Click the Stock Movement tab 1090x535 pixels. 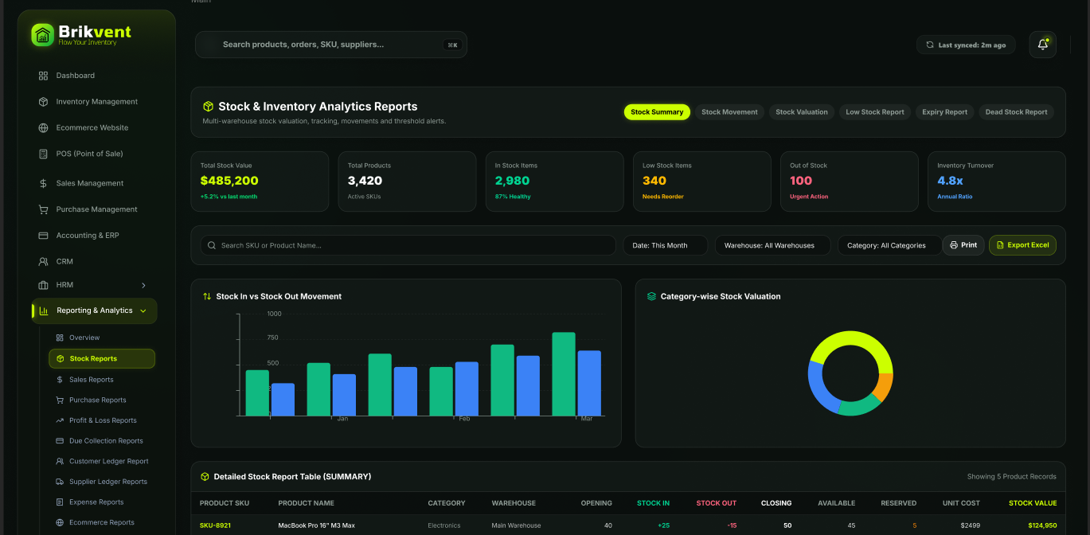pos(729,112)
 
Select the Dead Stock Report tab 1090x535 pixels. pos(1016,112)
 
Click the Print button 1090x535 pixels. pos(963,245)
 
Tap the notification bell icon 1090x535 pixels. pos(1042,45)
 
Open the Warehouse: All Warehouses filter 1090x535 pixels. pos(772,245)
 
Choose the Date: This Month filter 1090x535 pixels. pos(665,245)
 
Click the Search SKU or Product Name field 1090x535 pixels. pos(408,245)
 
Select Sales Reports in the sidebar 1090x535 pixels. pos(91,380)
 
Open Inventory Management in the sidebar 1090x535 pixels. pos(96,102)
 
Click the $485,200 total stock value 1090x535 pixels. pos(229,181)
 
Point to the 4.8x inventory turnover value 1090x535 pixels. pos(950,181)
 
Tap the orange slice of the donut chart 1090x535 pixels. pos(884,387)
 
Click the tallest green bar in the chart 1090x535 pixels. pos(564,374)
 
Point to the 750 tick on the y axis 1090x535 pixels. pos(272,338)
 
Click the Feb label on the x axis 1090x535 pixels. pos(464,419)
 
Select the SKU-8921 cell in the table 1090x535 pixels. pos(215,525)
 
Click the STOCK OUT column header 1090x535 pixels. pos(716,503)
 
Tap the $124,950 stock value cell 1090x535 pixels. pos(1041,525)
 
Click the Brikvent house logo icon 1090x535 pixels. pos(42,35)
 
